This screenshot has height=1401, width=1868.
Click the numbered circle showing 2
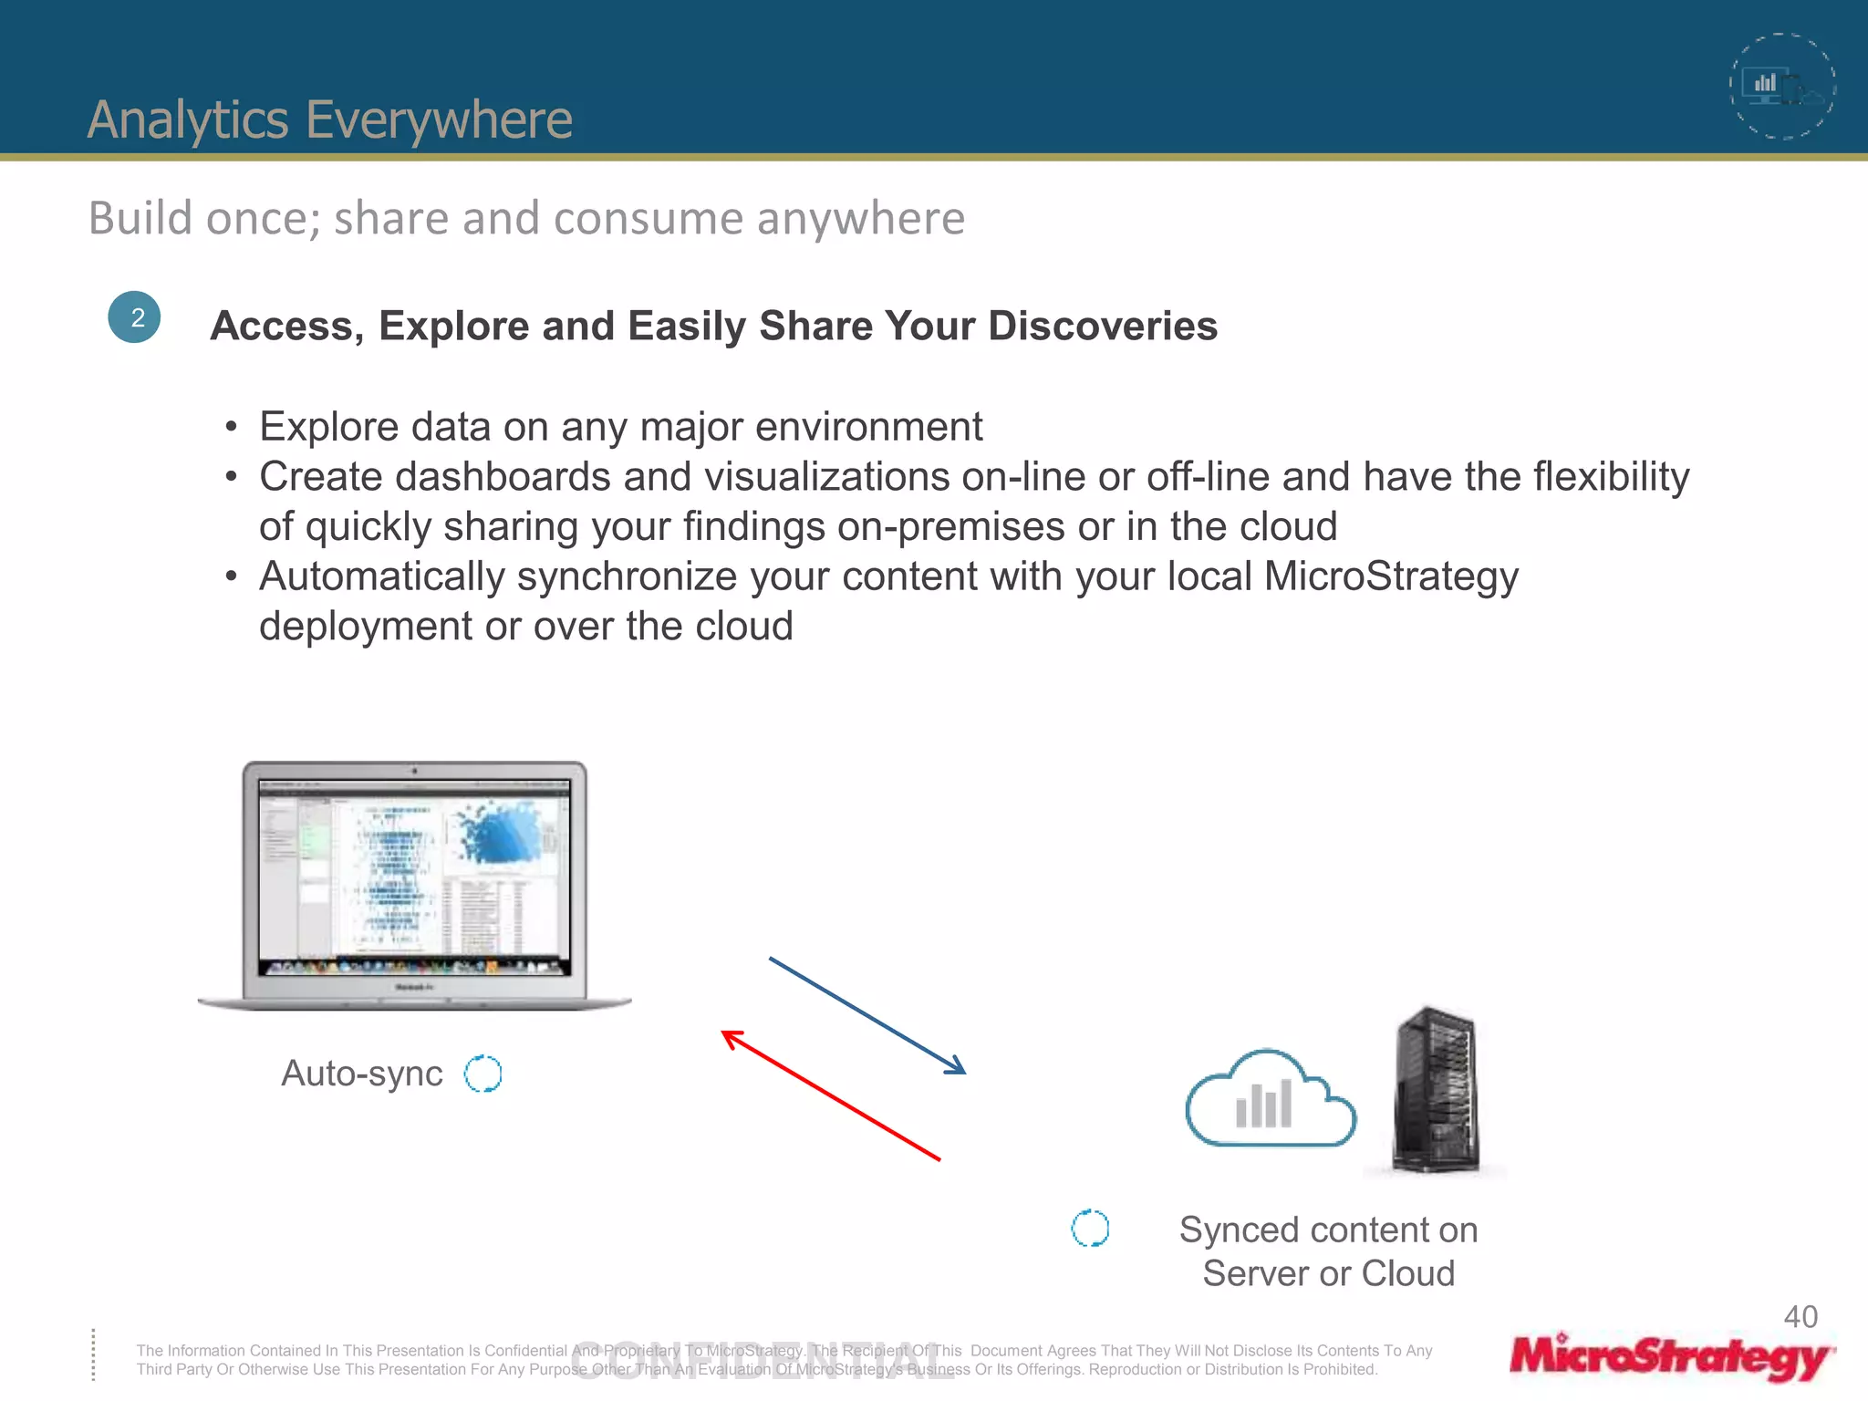134,317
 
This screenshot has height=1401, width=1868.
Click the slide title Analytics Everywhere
329,119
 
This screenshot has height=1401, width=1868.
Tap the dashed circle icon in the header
1782,87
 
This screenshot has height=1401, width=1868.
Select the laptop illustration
415,885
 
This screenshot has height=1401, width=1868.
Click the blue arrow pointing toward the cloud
867,1015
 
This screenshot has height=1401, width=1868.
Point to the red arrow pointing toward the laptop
830,1095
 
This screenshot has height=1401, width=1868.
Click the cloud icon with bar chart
1270,1099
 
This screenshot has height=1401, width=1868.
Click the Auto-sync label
362,1074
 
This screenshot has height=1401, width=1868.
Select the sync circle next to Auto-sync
483,1074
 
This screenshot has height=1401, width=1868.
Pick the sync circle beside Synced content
1090,1229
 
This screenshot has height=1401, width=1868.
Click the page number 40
1801,1316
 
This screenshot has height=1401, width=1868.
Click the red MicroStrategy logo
1670,1356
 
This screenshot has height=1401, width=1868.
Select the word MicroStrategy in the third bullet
1391,576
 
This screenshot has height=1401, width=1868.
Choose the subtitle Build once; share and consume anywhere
526,218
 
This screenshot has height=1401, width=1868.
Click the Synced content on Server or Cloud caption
1328,1251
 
